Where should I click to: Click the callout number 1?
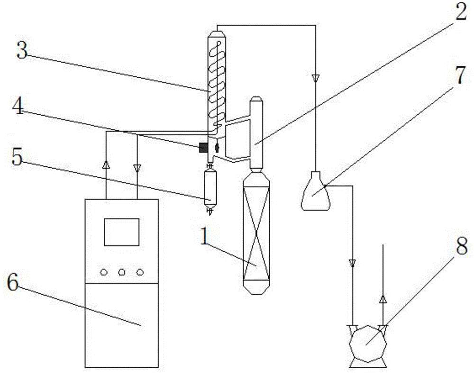pyautogui.click(x=205, y=236)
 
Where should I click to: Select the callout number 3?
pyautogui.click(x=22, y=50)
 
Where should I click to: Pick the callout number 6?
pyautogui.click(x=13, y=283)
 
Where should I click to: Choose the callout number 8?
pyautogui.click(x=462, y=246)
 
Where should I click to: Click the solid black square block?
pyautogui.click(x=203, y=147)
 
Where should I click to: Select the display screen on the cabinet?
pyautogui.click(x=121, y=232)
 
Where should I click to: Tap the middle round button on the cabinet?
pyautogui.click(x=121, y=272)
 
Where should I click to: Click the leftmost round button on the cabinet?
pyautogui.click(x=104, y=272)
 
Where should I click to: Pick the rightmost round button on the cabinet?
pyautogui.click(x=140, y=272)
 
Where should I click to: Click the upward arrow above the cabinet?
pyautogui.click(x=106, y=165)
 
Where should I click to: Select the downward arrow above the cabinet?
pyautogui.click(x=137, y=168)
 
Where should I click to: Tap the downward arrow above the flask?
pyautogui.click(x=316, y=78)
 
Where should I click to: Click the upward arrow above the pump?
pyautogui.click(x=383, y=299)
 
